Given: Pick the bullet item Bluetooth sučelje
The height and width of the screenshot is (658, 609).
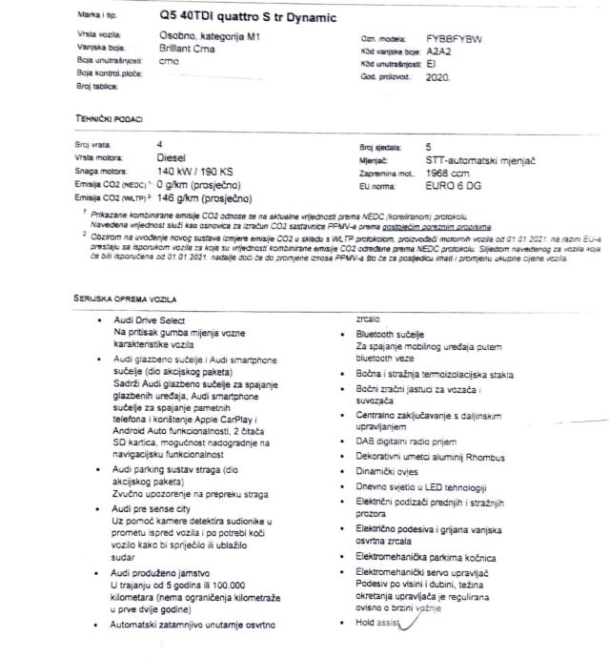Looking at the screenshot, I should pyautogui.click(x=391, y=336).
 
